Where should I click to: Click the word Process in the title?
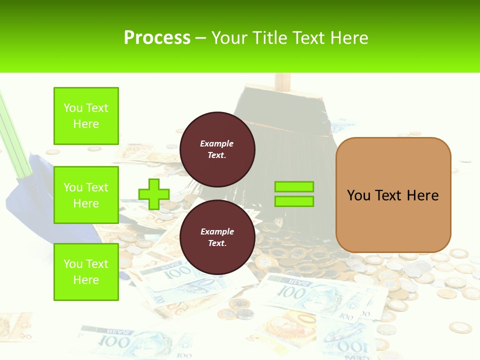157,38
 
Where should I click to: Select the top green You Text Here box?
86,116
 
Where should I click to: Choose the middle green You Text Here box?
86,195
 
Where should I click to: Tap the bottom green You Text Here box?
86,271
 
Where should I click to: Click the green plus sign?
153,194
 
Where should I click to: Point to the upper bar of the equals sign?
294,186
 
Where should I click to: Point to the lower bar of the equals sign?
294,201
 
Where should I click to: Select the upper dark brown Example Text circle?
217,149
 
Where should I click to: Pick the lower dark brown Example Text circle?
217,237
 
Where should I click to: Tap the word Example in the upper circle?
216,143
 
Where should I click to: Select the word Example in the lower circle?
217,231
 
